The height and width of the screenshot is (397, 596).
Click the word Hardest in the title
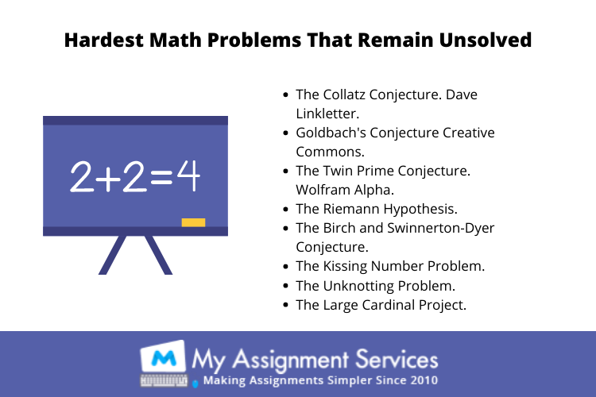104,40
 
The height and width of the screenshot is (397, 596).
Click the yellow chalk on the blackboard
193,222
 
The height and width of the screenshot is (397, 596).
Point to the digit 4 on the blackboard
188,175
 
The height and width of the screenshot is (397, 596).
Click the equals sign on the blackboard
162,177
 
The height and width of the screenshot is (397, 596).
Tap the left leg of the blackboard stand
113,255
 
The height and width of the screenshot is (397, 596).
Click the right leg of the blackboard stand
158,255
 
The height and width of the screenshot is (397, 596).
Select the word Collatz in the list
344,94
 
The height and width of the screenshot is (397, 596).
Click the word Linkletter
327,114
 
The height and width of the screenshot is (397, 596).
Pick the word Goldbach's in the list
330,133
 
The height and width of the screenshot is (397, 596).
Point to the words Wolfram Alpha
345,190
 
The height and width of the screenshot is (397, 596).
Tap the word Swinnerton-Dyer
440,228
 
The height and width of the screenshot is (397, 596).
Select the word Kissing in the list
345,266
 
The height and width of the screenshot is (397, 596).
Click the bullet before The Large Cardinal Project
286,305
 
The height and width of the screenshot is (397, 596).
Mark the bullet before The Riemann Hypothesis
286,210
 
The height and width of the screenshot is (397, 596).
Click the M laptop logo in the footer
164,363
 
